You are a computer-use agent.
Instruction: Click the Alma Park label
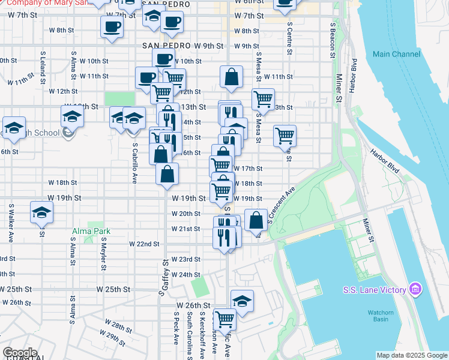(x=89, y=231)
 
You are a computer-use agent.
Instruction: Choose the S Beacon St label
(x=333, y=40)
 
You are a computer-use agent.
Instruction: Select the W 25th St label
(x=113, y=289)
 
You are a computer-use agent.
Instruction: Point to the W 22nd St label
(x=144, y=244)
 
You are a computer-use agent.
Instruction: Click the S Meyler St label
(x=104, y=253)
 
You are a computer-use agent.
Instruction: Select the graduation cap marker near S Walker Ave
(x=41, y=212)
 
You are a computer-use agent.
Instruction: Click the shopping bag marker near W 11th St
(x=231, y=77)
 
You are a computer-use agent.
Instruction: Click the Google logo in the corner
(x=20, y=353)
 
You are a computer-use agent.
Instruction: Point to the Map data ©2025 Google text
(x=412, y=355)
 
